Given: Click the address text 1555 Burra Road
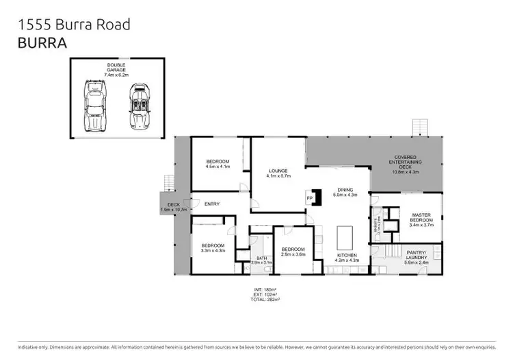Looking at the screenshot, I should click(73, 25).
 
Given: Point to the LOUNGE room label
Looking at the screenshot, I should click(278, 171).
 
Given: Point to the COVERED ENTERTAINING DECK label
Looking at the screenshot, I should click(405, 161).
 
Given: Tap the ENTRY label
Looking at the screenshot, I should click(212, 204).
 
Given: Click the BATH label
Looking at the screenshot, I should click(261, 258).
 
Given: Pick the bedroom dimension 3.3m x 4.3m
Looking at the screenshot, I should click(213, 250).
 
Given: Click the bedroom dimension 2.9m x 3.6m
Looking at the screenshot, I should click(293, 254).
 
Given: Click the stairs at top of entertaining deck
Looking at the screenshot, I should click(418, 128).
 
